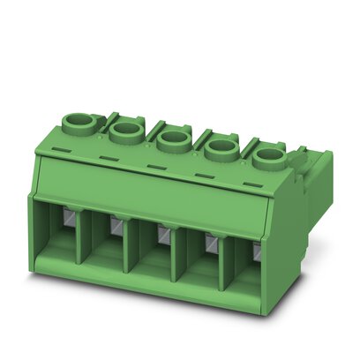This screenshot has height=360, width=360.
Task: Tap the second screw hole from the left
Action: (x=125, y=131)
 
